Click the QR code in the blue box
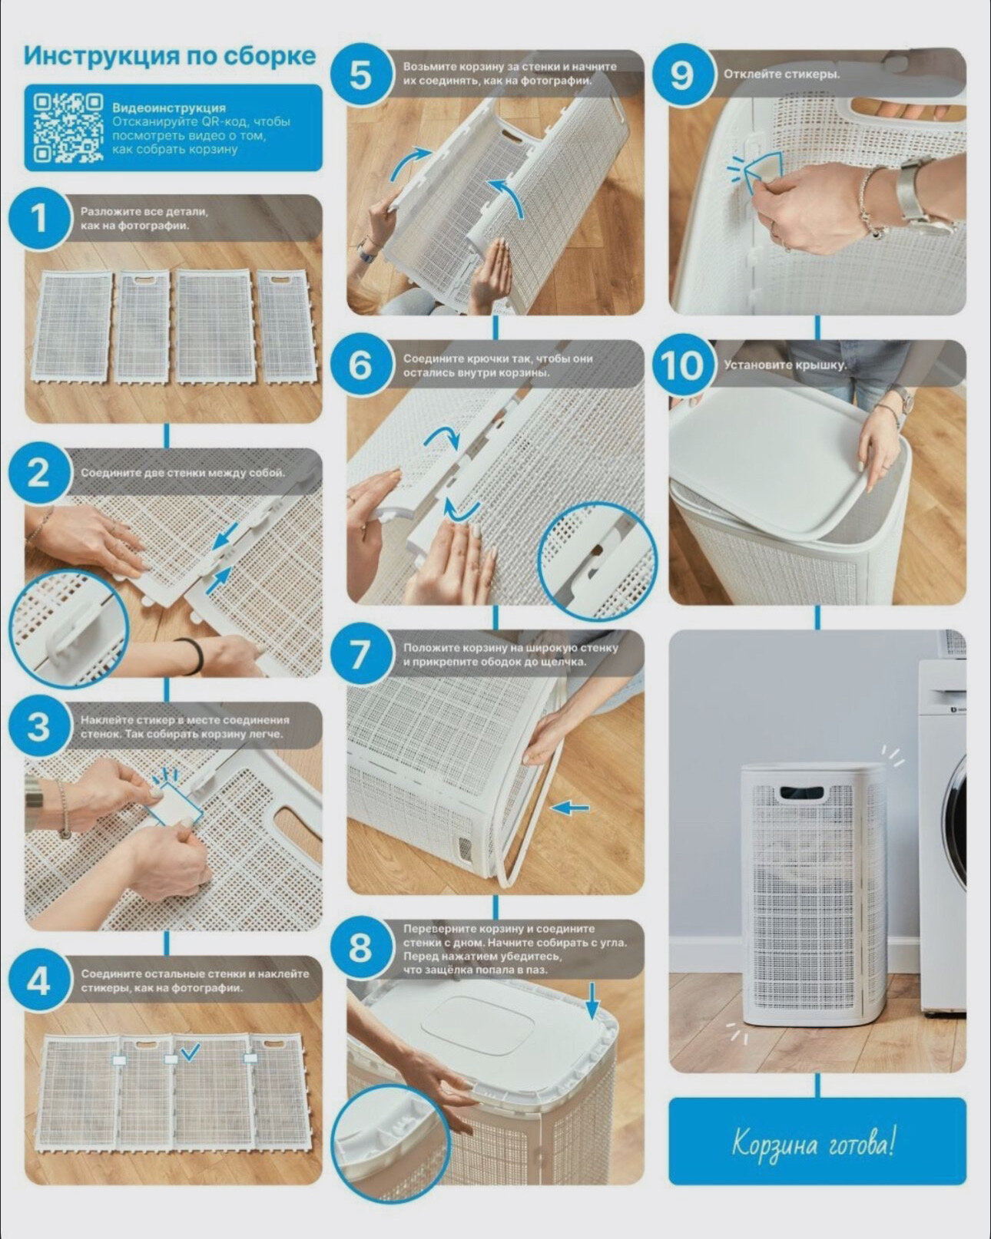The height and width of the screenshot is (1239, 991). (x=68, y=127)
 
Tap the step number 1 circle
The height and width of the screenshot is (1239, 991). (x=38, y=220)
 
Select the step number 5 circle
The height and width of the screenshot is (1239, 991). (x=361, y=75)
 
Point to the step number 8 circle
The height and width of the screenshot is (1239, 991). (x=360, y=947)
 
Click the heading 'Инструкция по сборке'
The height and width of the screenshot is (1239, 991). (x=169, y=57)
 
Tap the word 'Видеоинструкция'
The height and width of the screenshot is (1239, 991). (x=169, y=107)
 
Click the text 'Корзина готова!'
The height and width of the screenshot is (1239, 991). (x=814, y=1144)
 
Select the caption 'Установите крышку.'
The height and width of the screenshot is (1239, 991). (x=785, y=365)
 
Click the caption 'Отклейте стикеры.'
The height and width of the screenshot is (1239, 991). (x=781, y=74)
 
